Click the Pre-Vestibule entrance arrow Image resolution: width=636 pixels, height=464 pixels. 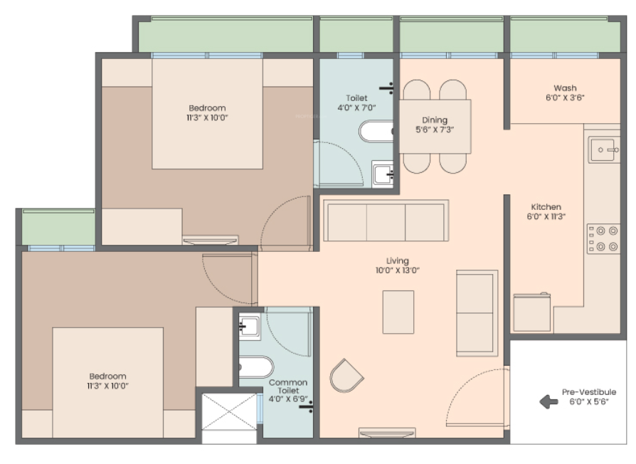(x=548, y=401)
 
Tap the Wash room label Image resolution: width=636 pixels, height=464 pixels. (x=565, y=88)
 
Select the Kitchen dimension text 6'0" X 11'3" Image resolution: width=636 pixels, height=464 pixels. (x=546, y=216)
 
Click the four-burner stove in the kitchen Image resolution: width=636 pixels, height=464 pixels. (x=603, y=239)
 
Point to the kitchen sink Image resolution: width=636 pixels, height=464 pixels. (x=604, y=149)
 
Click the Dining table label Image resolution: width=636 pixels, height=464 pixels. (x=435, y=120)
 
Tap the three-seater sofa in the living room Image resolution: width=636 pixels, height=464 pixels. (x=386, y=221)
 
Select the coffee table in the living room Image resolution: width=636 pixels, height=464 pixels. (x=398, y=312)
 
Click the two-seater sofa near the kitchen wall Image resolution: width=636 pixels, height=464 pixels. (x=477, y=313)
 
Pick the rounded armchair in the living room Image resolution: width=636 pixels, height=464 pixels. (x=346, y=376)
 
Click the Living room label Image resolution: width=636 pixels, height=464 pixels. (x=397, y=260)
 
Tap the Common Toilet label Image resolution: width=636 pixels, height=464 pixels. (x=288, y=386)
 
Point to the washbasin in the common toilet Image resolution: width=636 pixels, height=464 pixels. (x=250, y=326)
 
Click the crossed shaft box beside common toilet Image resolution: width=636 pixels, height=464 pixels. (x=229, y=411)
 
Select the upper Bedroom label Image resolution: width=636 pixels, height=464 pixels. (x=207, y=108)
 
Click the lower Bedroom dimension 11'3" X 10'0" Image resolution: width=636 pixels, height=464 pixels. (x=107, y=386)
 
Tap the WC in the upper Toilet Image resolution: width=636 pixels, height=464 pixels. (x=376, y=132)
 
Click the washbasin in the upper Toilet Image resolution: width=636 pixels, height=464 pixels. (x=383, y=174)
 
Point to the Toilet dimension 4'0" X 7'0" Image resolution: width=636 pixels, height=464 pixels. (x=356, y=107)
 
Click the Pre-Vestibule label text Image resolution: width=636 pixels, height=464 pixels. (x=589, y=392)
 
